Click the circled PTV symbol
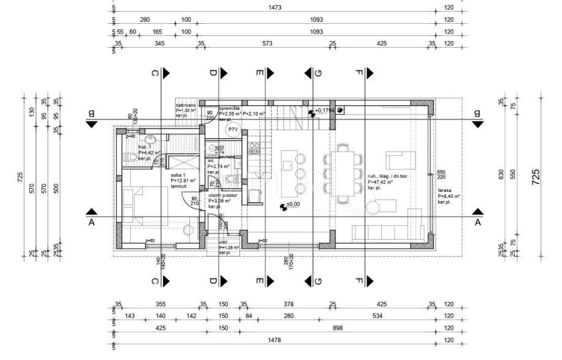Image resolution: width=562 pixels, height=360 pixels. [232, 130]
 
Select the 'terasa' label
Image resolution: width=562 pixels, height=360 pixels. [444, 190]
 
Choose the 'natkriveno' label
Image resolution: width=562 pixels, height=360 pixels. [186, 106]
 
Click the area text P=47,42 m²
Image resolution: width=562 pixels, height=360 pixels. [380, 182]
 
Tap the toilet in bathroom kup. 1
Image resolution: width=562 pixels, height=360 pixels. [134, 158]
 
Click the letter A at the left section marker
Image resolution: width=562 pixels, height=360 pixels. [92, 222]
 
